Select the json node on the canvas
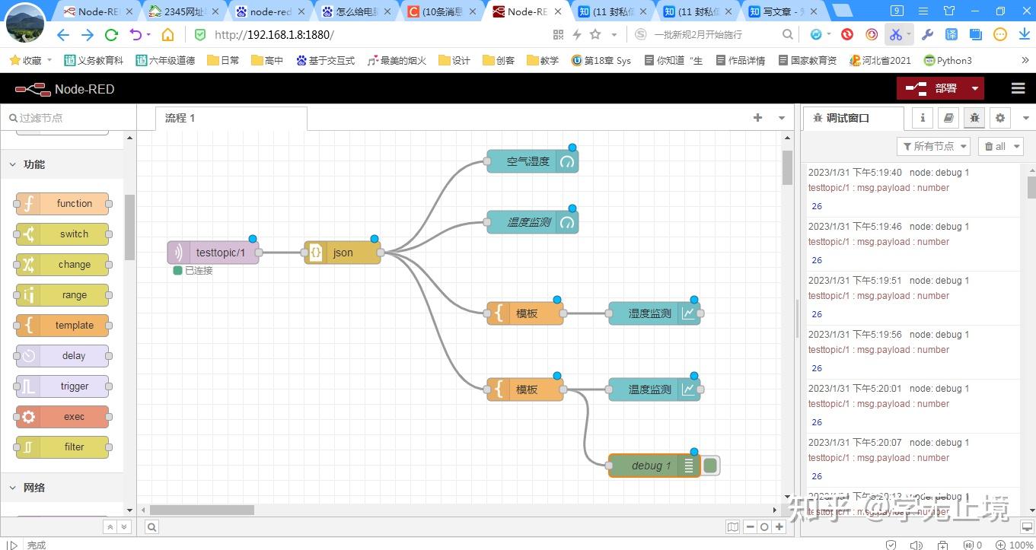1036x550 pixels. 343,253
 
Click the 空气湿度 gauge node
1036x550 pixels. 528,161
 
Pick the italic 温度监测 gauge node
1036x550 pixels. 528,222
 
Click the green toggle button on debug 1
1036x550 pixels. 710,466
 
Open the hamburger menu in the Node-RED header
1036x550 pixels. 1018,88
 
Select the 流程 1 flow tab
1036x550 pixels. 180,118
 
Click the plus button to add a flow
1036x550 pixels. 757,118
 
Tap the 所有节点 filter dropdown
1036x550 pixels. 934,146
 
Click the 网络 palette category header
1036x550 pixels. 34,488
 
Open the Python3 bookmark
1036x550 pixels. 948,61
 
